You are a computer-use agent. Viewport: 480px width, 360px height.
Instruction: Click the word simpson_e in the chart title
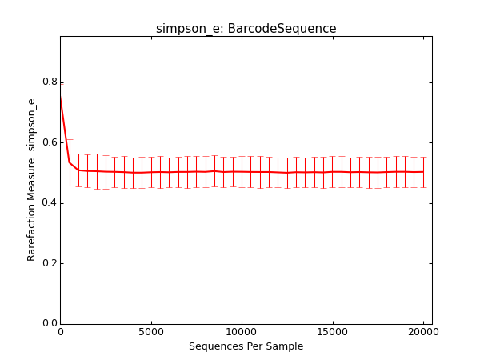[x=181, y=29]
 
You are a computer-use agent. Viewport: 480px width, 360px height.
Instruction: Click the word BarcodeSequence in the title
[x=282, y=29]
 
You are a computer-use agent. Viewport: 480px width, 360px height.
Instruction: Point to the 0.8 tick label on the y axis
[x=50, y=82]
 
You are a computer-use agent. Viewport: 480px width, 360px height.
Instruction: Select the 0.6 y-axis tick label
[x=50, y=142]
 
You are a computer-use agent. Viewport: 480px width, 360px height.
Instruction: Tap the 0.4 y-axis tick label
[x=50, y=202]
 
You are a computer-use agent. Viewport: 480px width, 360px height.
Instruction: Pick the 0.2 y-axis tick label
[x=50, y=263]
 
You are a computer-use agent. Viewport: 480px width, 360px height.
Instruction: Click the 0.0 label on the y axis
[x=50, y=323]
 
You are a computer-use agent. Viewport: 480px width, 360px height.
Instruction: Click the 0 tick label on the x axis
[x=61, y=332]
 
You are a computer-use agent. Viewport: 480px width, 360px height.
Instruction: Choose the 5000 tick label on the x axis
[x=151, y=332]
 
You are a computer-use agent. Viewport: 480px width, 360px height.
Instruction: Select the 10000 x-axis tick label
[x=242, y=332]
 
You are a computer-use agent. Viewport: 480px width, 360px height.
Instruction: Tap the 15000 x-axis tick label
[x=333, y=332]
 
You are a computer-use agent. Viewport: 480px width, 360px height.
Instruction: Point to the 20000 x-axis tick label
[x=423, y=332]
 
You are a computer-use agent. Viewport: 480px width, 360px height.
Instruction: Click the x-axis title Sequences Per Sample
[x=246, y=346]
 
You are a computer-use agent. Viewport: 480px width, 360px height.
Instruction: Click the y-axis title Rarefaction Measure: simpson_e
[x=31, y=180]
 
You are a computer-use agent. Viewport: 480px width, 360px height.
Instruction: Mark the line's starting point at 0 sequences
[x=61, y=98]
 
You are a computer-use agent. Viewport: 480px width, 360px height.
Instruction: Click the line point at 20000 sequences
[x=423, y=172]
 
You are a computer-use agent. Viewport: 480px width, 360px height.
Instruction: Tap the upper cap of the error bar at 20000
[x=423, y=157]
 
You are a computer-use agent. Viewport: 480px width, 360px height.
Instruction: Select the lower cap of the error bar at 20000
[x=423, y=187]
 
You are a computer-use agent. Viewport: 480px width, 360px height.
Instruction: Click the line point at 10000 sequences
[x=242, y=172]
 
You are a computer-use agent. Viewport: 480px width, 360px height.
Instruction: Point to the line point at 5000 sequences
[x=151, y=172]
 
